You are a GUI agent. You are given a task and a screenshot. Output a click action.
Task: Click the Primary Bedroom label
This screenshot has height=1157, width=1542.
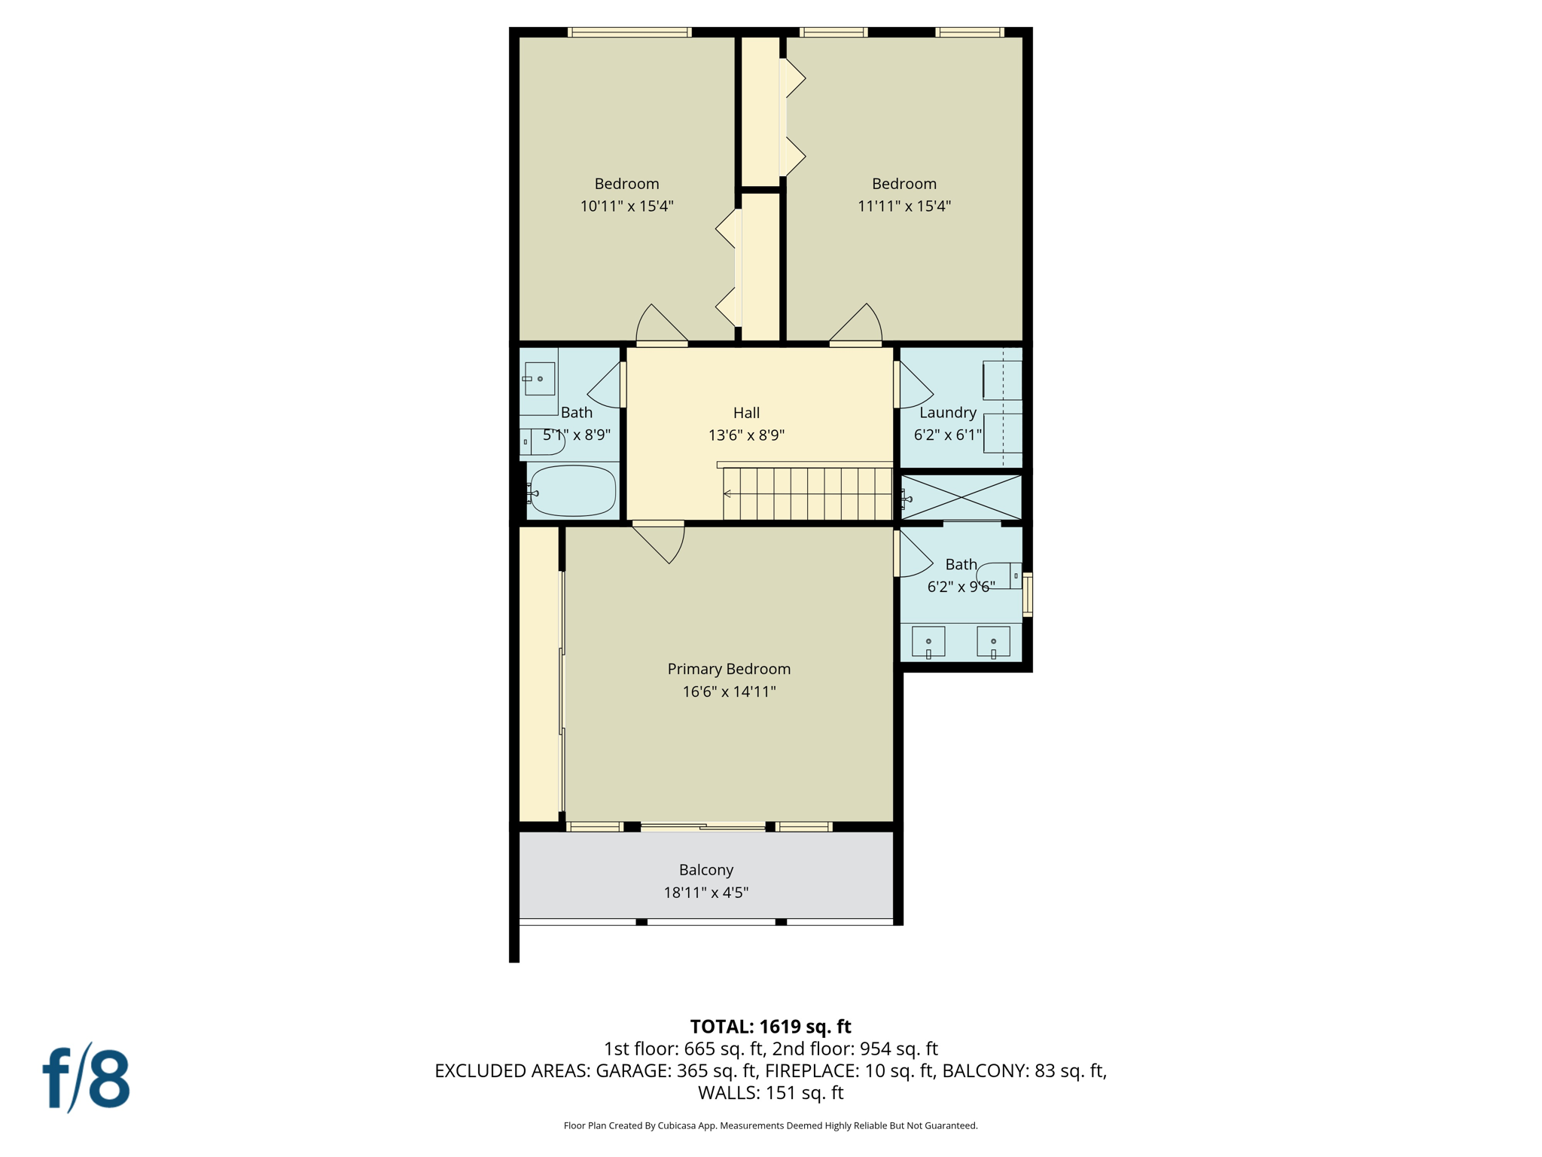tap(728, 669)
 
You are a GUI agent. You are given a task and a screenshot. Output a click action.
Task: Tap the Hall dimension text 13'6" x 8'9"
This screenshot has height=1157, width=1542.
tap(746, 435)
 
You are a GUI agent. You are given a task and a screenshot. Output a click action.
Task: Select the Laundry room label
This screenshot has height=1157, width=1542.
tap(947, 413)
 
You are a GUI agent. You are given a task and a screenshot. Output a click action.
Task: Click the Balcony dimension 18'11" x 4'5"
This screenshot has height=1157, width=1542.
tap(705, 893)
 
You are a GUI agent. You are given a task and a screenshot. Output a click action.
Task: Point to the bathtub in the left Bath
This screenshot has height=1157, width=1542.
tap(573, 491)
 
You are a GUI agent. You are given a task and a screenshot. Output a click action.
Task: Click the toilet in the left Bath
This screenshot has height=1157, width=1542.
tap(546, 443)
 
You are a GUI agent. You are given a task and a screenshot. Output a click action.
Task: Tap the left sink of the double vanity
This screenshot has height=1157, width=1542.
tap(928, 642)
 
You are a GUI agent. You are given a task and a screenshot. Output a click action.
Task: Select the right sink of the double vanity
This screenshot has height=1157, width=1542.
tap(993, 642)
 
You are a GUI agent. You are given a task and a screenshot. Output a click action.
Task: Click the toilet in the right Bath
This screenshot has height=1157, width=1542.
tap(998, 575)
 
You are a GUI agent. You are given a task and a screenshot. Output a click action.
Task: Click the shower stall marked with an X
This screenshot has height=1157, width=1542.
tap(961, 497)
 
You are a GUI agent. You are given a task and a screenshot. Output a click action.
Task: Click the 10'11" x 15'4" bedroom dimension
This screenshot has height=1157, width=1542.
tap(626, 206)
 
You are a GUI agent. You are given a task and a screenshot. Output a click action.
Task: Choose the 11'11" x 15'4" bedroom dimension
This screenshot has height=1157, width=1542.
tap(904, 206)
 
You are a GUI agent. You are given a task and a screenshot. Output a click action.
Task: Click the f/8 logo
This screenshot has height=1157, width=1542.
tap(87, 1079)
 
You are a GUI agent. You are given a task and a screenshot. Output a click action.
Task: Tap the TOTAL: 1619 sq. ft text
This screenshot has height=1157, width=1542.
tap(770, 1027)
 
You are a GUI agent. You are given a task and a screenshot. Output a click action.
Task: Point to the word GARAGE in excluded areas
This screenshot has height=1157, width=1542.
tap(631, 1071)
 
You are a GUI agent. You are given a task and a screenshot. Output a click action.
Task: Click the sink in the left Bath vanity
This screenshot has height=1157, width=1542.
tap(540, 379)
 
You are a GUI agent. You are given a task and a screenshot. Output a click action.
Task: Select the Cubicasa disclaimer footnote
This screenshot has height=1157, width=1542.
tap(770, 1126)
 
